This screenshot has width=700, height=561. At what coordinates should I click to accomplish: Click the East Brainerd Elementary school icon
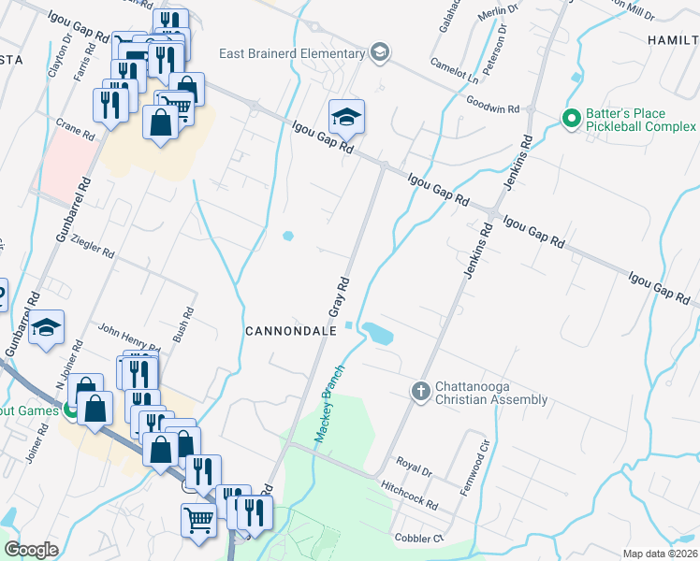(379, 51)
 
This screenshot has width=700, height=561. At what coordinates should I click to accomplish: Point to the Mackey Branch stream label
(328, 404)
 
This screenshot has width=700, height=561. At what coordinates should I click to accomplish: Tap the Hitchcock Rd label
(410, 495)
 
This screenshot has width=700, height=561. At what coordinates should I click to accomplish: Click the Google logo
(32, 550)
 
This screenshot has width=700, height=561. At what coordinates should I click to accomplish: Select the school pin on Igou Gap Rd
(346, 117)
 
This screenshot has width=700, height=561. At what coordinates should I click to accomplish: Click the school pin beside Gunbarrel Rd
(46, 328)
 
